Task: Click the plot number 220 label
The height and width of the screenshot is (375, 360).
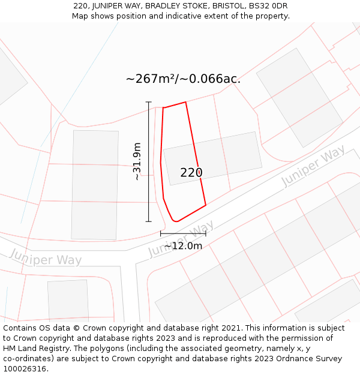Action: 191,173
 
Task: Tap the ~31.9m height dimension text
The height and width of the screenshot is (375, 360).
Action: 137,161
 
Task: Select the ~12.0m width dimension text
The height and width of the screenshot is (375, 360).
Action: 183,245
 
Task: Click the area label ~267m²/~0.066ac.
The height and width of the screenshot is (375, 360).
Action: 183,79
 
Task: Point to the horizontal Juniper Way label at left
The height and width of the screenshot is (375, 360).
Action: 45,259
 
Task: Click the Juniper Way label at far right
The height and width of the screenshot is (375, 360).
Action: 313,166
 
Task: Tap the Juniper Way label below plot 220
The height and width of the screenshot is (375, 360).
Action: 181,239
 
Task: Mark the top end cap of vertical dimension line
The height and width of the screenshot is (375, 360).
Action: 149,102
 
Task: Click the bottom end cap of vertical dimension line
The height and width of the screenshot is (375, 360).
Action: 149,221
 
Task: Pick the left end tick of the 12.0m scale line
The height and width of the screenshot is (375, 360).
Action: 161,233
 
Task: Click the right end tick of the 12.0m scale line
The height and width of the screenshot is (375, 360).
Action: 206,233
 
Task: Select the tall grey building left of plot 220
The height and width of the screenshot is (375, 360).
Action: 94,185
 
